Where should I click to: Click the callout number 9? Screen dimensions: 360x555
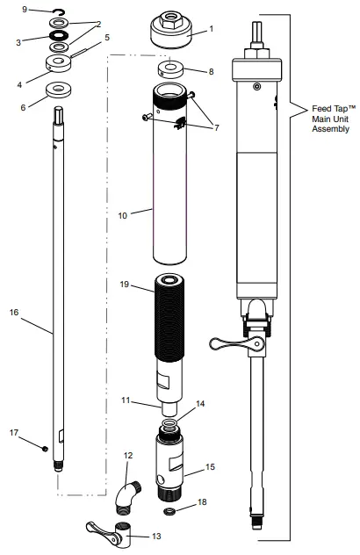(25, 9)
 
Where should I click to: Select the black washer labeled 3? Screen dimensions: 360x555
(59, 35)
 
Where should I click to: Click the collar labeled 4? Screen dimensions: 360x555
(59, 64)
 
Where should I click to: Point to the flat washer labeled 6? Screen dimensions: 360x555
(58, 90)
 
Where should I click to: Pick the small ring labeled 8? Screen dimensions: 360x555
(170, 68)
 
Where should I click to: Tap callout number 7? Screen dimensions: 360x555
(217, 127)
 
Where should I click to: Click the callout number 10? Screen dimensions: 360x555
(122, 215)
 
